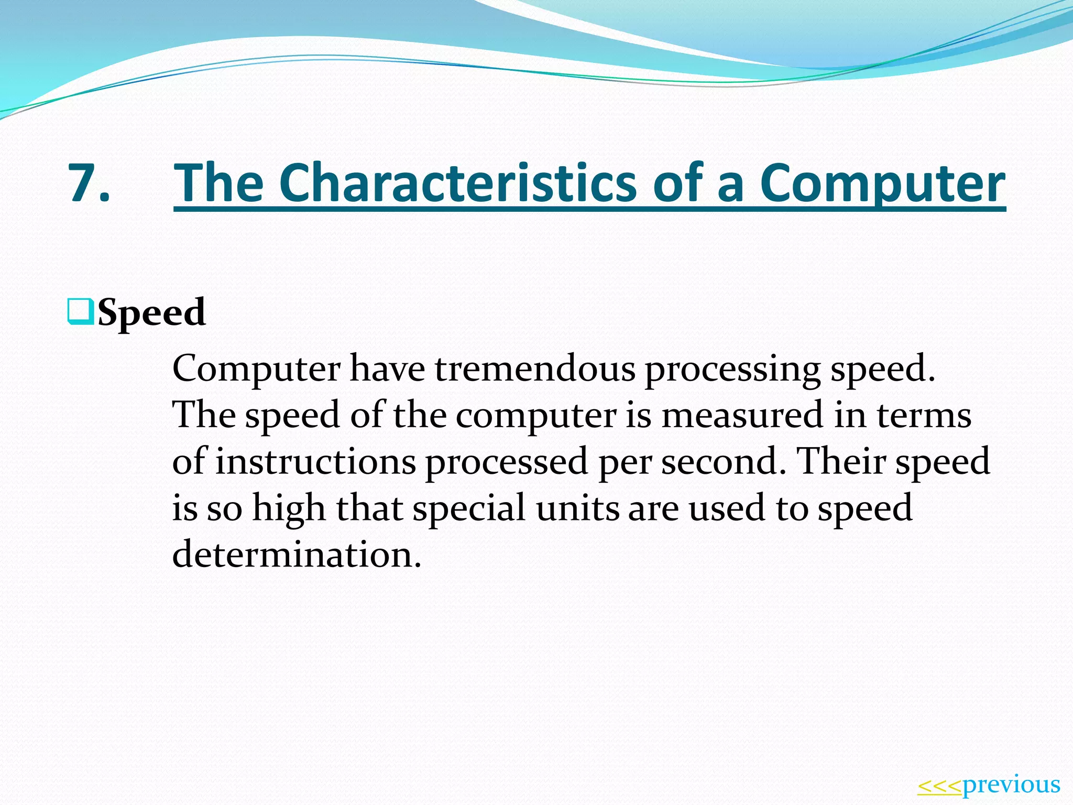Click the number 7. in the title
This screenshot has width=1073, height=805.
pyautogui.click(x=89, y=182)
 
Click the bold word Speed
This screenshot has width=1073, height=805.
pyautogui.click(x=151, y=312)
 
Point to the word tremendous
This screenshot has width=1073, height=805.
pyautogui.click(x=535, y=368)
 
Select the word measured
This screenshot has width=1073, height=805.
pyautogui.click(x=742, y=415)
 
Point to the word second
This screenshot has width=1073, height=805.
pyautogui.click(x=724, y=461)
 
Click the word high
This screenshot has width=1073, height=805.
pyautogui.click(x=289, y=508)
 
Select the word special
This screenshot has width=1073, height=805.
pyautogui.click(x=469, y=508)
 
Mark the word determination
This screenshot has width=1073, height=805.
pyautogui.click(x=297, y=554)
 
